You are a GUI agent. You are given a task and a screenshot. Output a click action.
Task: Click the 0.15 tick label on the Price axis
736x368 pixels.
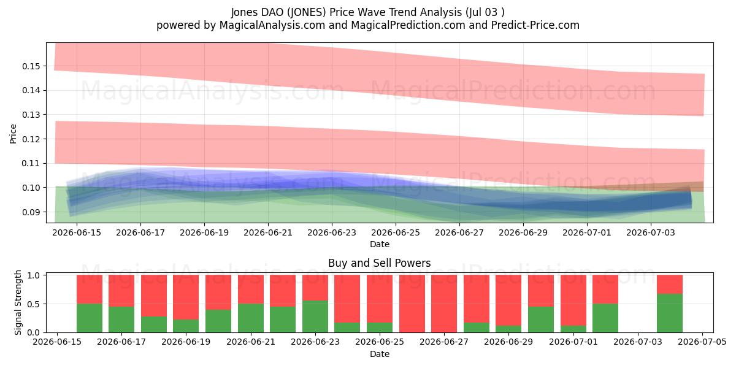click(31, 66)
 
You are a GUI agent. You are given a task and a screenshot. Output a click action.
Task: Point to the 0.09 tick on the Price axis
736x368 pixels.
click(31, 212)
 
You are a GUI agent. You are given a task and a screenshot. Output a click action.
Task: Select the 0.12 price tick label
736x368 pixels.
click(31, 139)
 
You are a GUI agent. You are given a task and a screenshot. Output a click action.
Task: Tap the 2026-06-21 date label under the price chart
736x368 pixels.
click(268, 232)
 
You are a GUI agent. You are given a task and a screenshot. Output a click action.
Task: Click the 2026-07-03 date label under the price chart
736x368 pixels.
click(651, 232)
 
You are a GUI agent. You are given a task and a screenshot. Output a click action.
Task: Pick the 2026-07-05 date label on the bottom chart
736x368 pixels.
click(702, 342)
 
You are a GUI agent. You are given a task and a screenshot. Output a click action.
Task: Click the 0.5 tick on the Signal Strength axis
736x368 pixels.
click(34, 304)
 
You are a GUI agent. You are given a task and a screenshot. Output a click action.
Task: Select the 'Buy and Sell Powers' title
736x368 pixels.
click(380, 263)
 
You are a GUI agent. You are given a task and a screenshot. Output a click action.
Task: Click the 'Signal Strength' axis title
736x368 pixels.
click(18, 302)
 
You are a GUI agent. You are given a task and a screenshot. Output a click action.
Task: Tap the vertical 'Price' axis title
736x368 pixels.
click(13, 134)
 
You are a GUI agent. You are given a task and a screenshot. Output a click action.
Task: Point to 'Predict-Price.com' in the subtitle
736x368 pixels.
click(535, 25)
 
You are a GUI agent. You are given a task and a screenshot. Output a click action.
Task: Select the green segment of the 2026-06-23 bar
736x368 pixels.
click(315, 316)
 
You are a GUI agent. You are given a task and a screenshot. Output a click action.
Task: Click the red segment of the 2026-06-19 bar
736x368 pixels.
click(186, 297)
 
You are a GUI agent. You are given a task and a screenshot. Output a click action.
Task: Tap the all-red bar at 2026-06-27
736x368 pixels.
click(444, 304)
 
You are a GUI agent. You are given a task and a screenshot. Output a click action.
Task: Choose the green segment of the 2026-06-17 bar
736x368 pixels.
click(121, 320)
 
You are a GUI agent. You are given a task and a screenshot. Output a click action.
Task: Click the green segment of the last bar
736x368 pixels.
click(670, 313)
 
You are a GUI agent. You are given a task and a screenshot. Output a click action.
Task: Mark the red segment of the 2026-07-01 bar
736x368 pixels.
click(573, 301)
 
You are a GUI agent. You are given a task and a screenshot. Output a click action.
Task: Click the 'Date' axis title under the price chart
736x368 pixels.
click(380, 245)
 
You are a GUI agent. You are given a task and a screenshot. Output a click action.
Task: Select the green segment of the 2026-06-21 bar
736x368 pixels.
click(251, 318)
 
